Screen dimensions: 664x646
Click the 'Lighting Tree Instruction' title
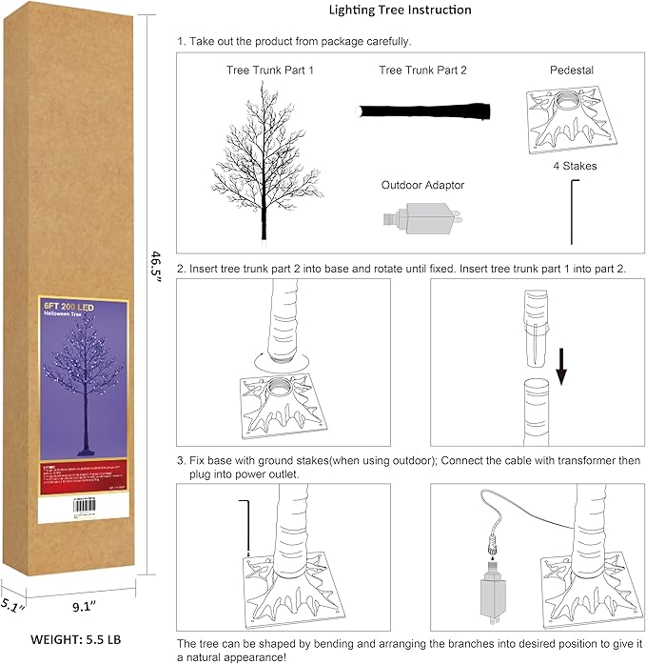(400, 10)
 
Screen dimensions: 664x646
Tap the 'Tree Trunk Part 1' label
(269, 71)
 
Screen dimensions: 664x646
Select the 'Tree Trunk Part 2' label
(422, 71)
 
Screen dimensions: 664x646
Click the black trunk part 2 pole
(422, 111)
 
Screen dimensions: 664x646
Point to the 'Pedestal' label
(572, 71)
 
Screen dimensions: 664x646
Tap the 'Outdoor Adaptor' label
(422, 186)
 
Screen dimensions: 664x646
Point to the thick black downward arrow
(559, 366)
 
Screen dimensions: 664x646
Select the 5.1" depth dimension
(12, 604)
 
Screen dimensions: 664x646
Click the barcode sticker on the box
(71, 511)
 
